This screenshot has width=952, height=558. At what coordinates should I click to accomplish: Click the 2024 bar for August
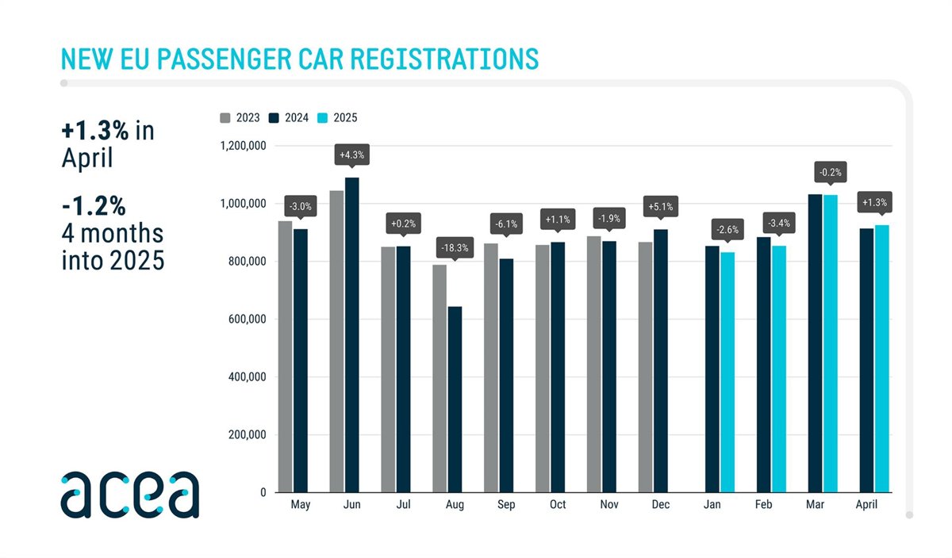pyautogui.click(x=455, y=399)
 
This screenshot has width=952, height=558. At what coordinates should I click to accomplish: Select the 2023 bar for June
pyautogui.click(x=336, y=341)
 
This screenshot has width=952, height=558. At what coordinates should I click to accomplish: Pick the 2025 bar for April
pyautogui.click(x=882, y=358)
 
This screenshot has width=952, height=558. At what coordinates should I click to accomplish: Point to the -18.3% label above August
pyautogui.click(x=455, y=248)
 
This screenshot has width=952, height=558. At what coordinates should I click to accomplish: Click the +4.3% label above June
pyautogui.click(x=351, y=155)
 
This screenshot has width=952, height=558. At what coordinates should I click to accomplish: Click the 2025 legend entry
pyautogui.click(x=340, y=118)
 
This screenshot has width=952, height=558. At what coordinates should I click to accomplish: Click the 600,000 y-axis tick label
pyautogui.click(x=246, y=319)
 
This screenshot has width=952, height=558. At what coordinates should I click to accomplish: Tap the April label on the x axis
pyautogui.click(x=874, y=504)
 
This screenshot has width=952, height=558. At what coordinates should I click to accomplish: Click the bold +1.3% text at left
pyautogui.click(x=94, y=131)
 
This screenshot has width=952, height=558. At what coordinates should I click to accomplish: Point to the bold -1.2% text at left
pyautogui.click(x=94, y=206)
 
